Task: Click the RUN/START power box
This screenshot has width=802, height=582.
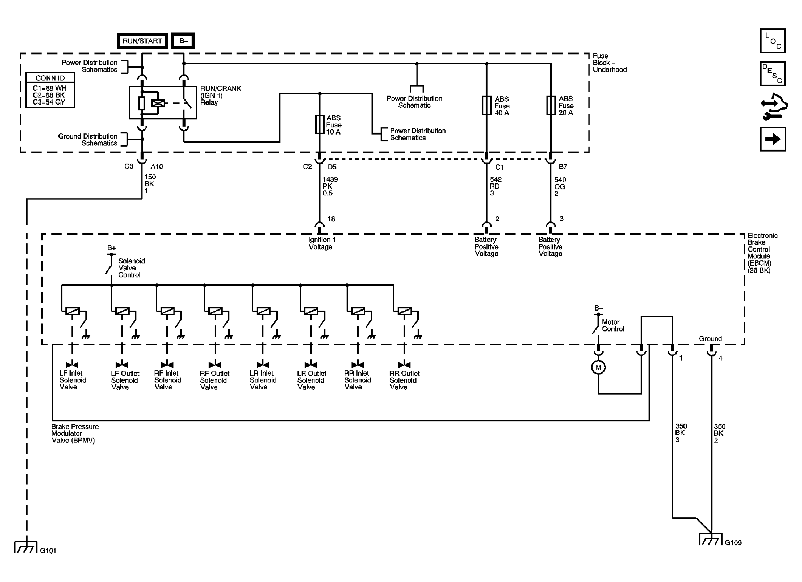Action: pyautogui.click(x=142, y=41)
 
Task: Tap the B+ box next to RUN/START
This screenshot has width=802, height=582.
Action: pyautogui.click(x=183, y=41)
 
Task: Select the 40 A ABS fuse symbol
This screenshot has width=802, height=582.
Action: pyautogui.click(x=486, y=105)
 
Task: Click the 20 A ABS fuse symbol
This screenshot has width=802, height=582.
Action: pyautogui.click(x=551, y=105)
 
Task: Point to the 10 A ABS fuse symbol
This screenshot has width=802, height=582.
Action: pyautogui.click(x=320, y=125)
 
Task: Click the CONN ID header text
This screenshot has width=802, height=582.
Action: pyautogui.click(x=50, y=78)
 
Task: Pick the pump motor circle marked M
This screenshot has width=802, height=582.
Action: pyautogui.click(x=598, y=367)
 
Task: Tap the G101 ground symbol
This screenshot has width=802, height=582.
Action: pyautogui.click(x=26, y=546)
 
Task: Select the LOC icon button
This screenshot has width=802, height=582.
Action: pyautogui.click(x=773, y=40)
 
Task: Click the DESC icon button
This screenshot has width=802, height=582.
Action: pyautogui.click(x=773, y=73)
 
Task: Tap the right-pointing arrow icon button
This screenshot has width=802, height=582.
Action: pyautogui.click(x=773, y=139)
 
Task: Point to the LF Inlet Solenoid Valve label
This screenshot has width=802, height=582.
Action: pyautogui.click(x=73, y=380)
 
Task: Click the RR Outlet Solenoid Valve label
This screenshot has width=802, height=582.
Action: pyautogui.click(x=404, y=380)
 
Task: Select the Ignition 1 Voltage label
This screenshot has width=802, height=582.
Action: pyautogui.click(x=320, y=243)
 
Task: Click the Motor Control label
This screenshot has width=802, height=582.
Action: pyautogui.click(x=613, y=325)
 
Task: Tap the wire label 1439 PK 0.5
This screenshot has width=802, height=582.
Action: pyautogui.click(x=330, y=186)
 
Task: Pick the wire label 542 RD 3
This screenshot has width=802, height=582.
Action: pyautogui.click(x=495, y=186)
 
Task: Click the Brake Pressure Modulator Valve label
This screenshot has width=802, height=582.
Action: pyautogui.click(x=75, y=433)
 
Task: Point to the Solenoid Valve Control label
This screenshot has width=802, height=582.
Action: pyautogui.click(x=132, y=268)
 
